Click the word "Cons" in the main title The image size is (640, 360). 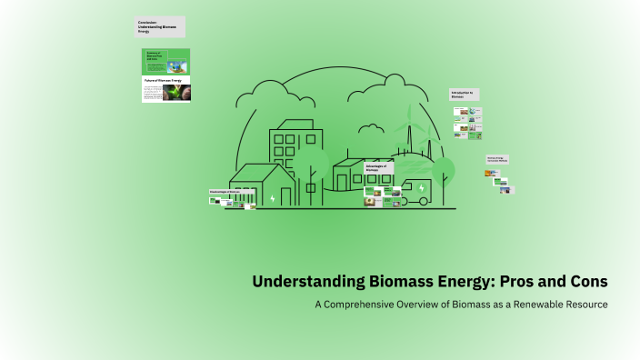pos(584,282)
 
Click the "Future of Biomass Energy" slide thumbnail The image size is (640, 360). pos(165,89)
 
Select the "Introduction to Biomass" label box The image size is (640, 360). pos(464,95)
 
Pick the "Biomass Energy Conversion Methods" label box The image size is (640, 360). pos(497,159)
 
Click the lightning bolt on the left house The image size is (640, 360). pos(273,196)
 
